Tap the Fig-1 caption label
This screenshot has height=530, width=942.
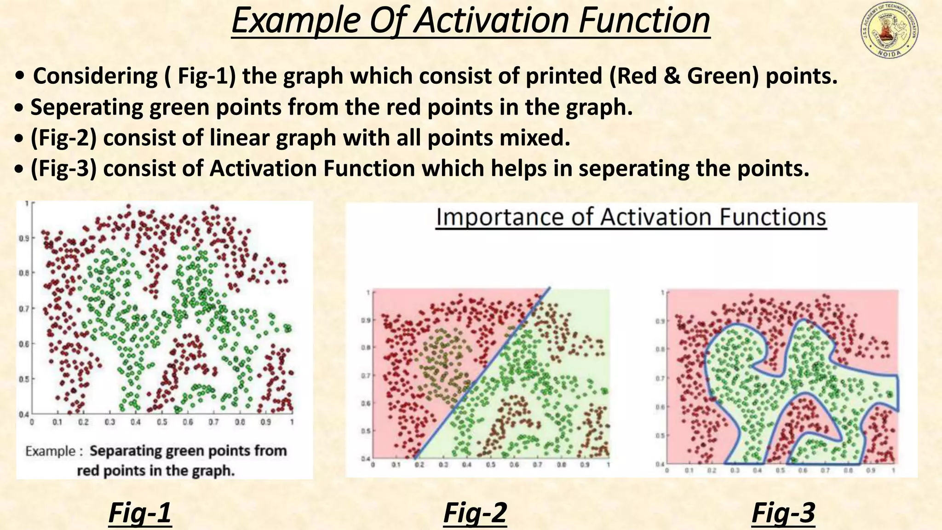(x=140, y=513)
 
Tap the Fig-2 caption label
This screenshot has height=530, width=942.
(x=475, y=513)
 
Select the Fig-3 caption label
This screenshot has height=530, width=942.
(x=783, y=513)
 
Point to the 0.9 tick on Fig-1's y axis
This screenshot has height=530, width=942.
(x=24, y=238)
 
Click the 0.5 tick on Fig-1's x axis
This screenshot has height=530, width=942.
(x=162, y=422)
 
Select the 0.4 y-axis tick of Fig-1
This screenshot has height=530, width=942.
(x=23, y=414)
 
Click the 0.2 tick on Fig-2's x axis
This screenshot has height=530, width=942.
(x=419, y=465)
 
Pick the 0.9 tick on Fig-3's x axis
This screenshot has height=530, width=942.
(x=870, y=471)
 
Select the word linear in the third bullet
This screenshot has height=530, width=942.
(x=239, y=138)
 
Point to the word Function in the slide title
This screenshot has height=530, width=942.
(x=644, y=21)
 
